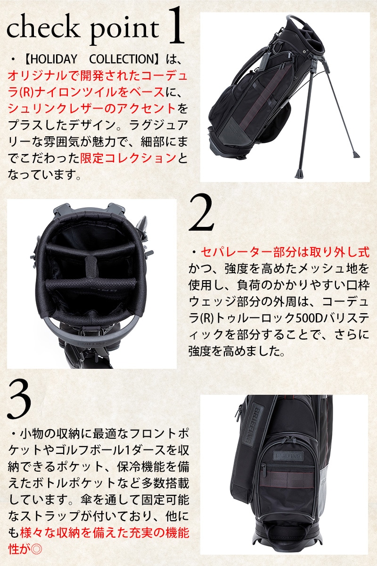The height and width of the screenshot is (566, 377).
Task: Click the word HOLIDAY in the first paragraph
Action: (54, 59)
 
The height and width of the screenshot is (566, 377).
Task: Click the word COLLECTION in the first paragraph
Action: (122, 59)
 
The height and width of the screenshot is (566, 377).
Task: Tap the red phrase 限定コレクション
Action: (128, 158)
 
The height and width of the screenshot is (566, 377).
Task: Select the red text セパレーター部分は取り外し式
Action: (285, 252)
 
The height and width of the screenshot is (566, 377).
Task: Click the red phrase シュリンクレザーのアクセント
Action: (92, 109)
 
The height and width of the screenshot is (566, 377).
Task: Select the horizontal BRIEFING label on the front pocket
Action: (288, 456)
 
